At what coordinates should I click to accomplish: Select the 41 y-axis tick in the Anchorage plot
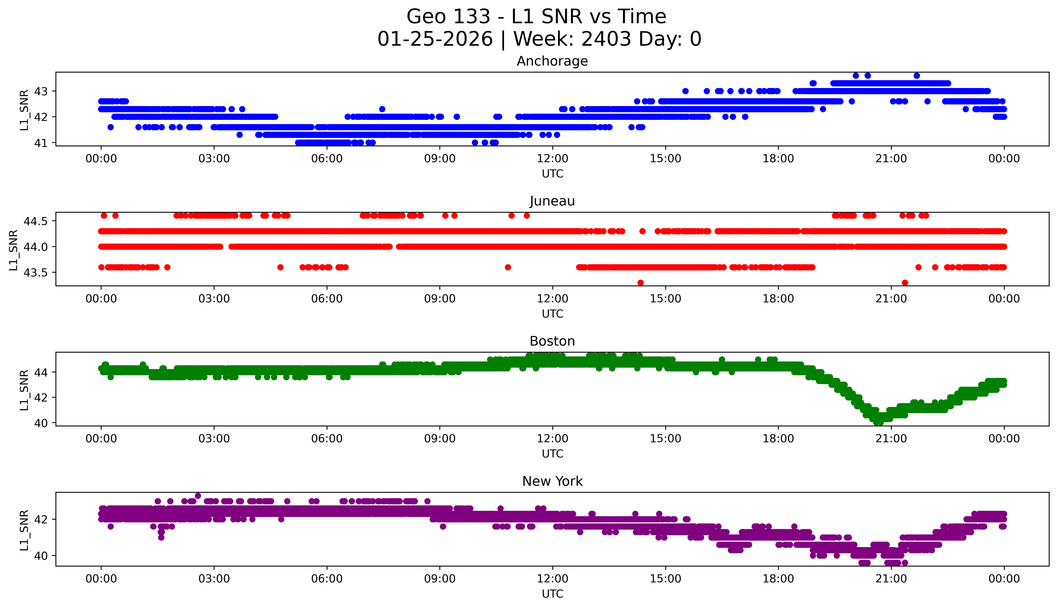coord(41,143)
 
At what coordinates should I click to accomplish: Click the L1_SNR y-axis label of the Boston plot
coord(24,390)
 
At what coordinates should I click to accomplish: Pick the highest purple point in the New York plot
coord(198,496)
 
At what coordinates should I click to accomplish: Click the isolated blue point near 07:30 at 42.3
coord(382,109)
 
